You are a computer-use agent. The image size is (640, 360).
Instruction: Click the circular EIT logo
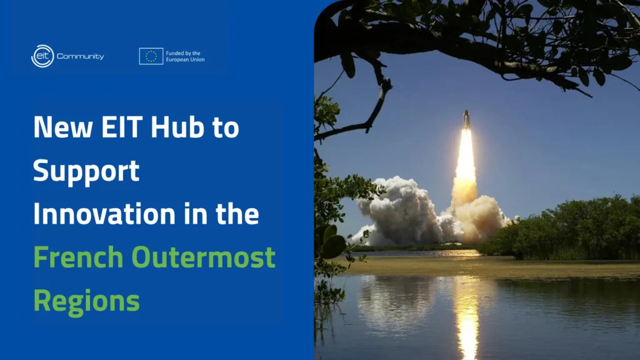click(42, 56)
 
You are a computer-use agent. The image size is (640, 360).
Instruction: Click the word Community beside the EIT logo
click(81, 57)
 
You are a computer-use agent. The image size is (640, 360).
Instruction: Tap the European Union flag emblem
click(151, 56)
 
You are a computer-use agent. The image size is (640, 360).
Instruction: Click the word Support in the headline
click(86, 172)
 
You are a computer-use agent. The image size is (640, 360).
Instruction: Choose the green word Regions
click(86, 301)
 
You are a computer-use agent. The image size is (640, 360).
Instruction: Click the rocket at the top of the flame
click(466, 120)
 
